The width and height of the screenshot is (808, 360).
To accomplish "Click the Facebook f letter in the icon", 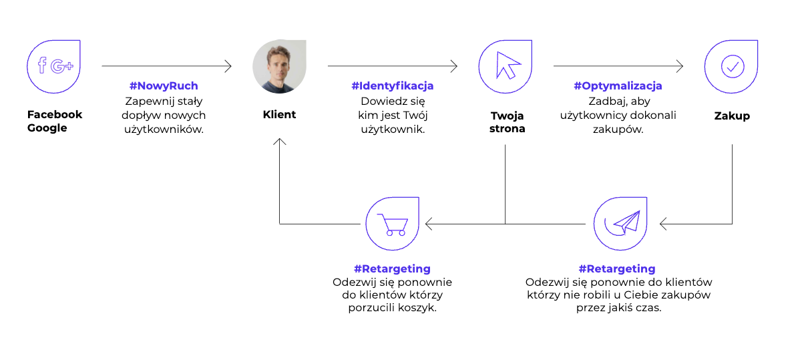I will click(42, 65).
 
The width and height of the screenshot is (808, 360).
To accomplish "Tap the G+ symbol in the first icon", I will click(62, 66).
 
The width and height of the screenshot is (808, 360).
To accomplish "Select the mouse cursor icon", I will click(508, 66).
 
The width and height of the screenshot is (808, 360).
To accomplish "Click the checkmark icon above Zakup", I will click(732, 66).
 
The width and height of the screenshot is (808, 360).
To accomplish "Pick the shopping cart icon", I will click(391, 224).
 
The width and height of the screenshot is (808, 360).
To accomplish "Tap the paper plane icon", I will click(622, 223).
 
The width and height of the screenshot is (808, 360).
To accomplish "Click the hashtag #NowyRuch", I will click(164, 86).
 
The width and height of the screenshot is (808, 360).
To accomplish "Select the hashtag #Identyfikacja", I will click(393, 86).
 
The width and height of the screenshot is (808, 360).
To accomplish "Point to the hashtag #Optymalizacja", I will click(618, 86).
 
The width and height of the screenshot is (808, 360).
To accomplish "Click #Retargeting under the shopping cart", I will click(392, 269).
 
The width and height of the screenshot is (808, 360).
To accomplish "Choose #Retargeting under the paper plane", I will click(617, 269).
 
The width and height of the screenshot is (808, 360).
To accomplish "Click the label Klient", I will click(279, 115).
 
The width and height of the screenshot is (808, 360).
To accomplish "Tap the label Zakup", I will click(732, 116).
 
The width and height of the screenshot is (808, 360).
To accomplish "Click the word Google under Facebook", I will click(47, 128).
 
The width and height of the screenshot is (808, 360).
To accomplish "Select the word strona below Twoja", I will click(506, 129).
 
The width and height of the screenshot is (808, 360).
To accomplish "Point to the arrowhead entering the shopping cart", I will click(429, 224).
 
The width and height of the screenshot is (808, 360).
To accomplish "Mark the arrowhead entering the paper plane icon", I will click(663, 224).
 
